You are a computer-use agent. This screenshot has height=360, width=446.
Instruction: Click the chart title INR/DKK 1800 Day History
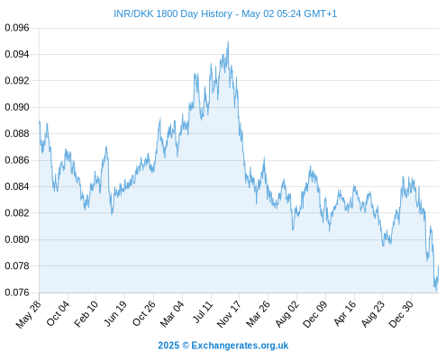click(173, 13)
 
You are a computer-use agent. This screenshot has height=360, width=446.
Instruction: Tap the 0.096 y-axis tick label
click(17, 28)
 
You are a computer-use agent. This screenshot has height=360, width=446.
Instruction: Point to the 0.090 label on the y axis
click(17, 107)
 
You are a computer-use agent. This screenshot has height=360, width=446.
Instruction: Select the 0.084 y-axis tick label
click(17, 186)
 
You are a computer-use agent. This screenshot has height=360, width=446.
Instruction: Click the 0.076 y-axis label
click(17, 292)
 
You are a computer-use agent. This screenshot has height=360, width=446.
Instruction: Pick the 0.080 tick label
click(17, 239)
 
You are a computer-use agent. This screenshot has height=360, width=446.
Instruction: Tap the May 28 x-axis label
click(29, 314)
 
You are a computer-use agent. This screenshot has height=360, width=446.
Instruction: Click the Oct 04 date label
click(58, 314)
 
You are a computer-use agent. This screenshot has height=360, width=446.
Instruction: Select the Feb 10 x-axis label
click(86, 314)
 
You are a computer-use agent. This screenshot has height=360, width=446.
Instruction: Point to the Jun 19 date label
click(114, 313)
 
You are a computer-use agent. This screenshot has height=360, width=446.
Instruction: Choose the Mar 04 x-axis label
click(172, 314)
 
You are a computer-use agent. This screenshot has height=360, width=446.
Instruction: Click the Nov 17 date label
click(229, 314)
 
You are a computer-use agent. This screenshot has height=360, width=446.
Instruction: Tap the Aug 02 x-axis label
click(287, 314)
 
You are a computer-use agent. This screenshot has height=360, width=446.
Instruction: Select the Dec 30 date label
click(401, 314)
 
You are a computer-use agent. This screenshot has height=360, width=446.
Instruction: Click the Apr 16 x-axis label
click(344, 313)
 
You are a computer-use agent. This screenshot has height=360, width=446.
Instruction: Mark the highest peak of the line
click(228, 41)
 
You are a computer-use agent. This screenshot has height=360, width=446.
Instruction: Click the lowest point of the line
click(436, 291)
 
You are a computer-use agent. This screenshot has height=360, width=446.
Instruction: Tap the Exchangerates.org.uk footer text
click(240, 346)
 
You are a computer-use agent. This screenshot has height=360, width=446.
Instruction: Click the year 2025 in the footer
click(168, 346)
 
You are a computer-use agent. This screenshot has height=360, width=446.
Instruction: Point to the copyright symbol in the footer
click(186, 346)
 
